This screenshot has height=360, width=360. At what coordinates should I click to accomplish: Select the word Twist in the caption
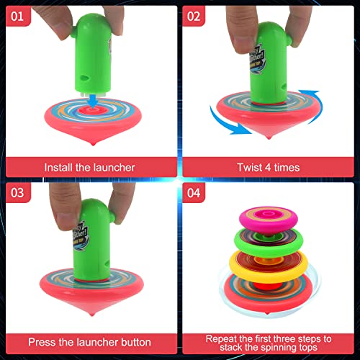pyautogui.click(x=251, y=167)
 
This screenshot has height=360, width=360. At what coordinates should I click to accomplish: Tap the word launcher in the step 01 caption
pyautogui.click(x=112, y=167)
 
